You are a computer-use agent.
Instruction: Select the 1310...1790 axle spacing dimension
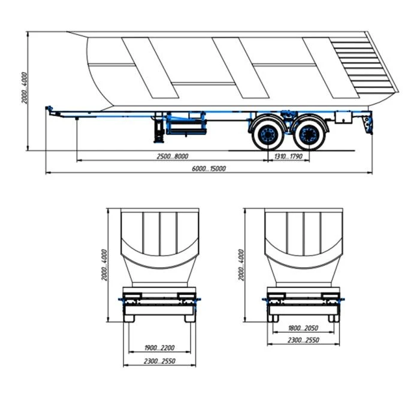coord(288,156)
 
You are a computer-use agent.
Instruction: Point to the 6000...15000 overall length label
coord(208,169)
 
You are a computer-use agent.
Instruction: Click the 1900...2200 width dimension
coord(159,348)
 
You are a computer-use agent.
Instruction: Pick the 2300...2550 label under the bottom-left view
coord(159,361)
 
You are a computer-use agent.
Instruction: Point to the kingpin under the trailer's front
coord(78,120)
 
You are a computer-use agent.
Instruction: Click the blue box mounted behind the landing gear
coord(187,124)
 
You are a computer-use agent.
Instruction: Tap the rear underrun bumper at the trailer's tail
coord(367,124)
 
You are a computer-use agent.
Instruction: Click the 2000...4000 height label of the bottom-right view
coord(241,265)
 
